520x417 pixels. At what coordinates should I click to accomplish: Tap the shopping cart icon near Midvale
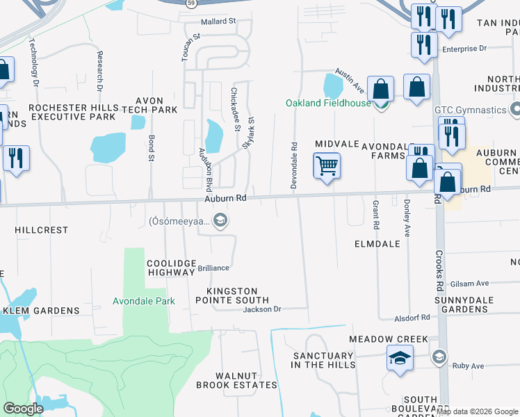(x=327, y=166)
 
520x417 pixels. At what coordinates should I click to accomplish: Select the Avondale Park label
(x=144, y=301)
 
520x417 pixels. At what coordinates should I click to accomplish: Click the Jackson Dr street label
(x=261, y=309)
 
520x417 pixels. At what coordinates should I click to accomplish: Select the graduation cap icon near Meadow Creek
(x=400, y=359)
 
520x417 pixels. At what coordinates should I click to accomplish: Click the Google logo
(x=24, y=408)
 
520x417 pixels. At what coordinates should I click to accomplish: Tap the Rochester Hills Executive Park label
(x=72, y=112)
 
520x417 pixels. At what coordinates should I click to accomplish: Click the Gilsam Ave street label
(x=469, y=283)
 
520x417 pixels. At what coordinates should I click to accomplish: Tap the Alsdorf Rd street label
(x=415, y=317)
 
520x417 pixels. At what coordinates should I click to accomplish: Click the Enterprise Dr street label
(x=464, y=49)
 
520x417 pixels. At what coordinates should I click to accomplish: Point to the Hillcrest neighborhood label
(x=42, y=229)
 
